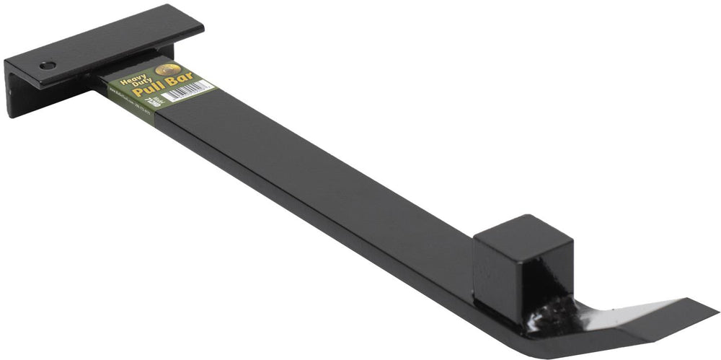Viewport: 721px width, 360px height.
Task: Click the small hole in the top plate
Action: (48, 66)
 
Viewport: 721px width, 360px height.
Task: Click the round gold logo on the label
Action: (167, 69)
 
